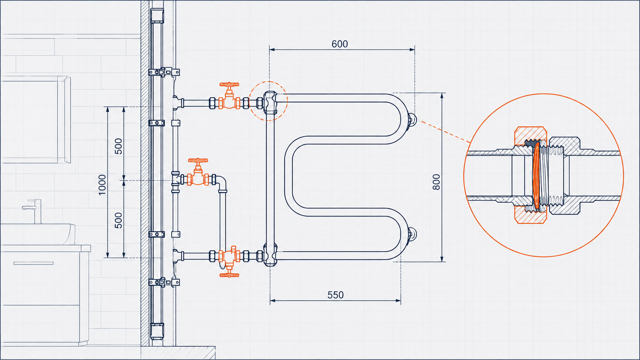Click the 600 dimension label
(340, 44)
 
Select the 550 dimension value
(335, 295)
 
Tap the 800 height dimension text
(436, 182)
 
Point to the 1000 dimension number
(102, 185)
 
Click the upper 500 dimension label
(118, 146)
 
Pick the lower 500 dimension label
(118, 220)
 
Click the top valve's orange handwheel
(229, 85)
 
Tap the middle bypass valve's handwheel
(198, 160)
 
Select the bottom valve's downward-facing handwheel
(229, 275)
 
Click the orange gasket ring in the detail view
(536, 176)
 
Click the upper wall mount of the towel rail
(412, 120)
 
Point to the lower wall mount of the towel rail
(412, 235)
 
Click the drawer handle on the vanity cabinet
(33, 263)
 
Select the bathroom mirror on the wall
(36, 120)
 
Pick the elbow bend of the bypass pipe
(222, 183)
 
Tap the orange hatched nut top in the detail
(531, 135)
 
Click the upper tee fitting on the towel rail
(270, 102)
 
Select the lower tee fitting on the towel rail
(270, 255)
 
